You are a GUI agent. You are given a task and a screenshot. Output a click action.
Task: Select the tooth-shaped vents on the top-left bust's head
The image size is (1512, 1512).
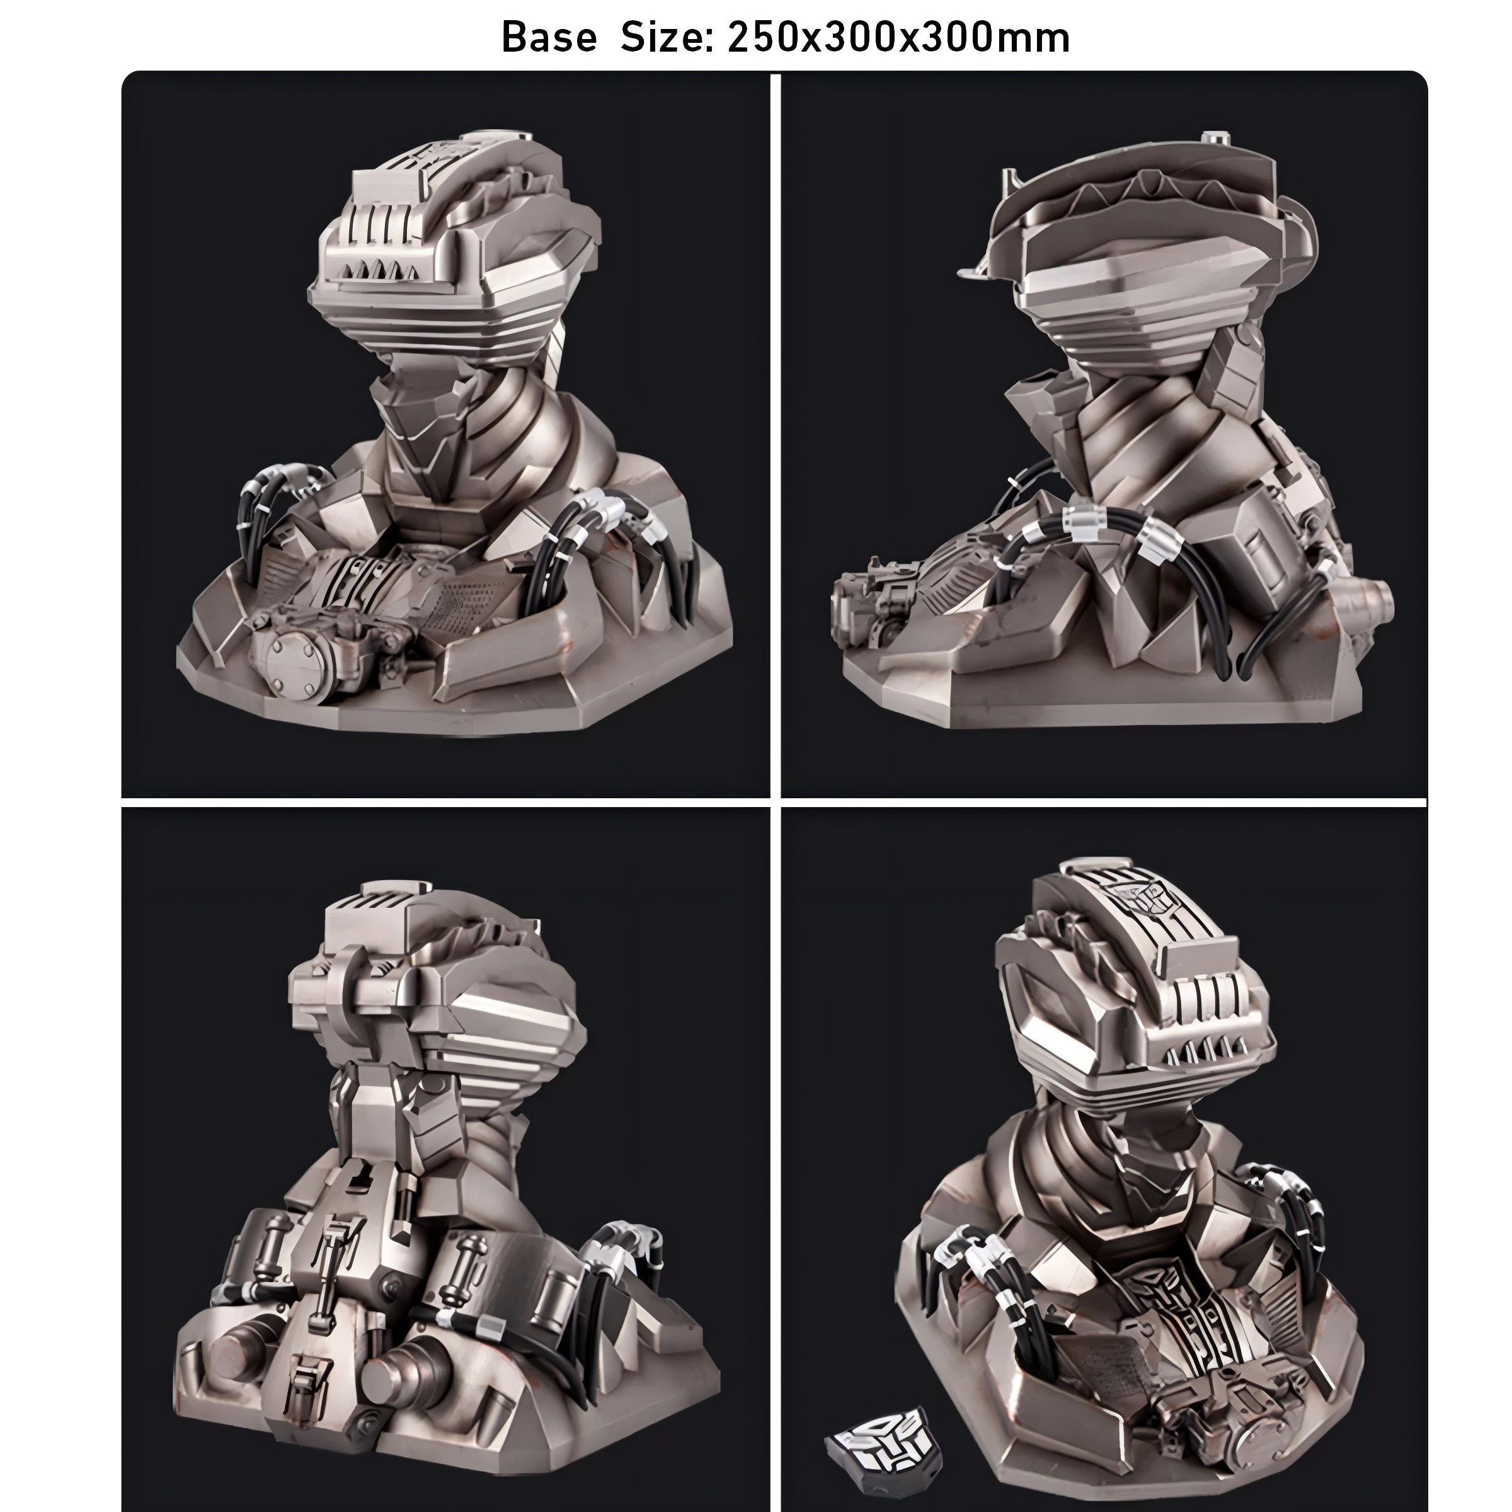click(374, 269)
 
